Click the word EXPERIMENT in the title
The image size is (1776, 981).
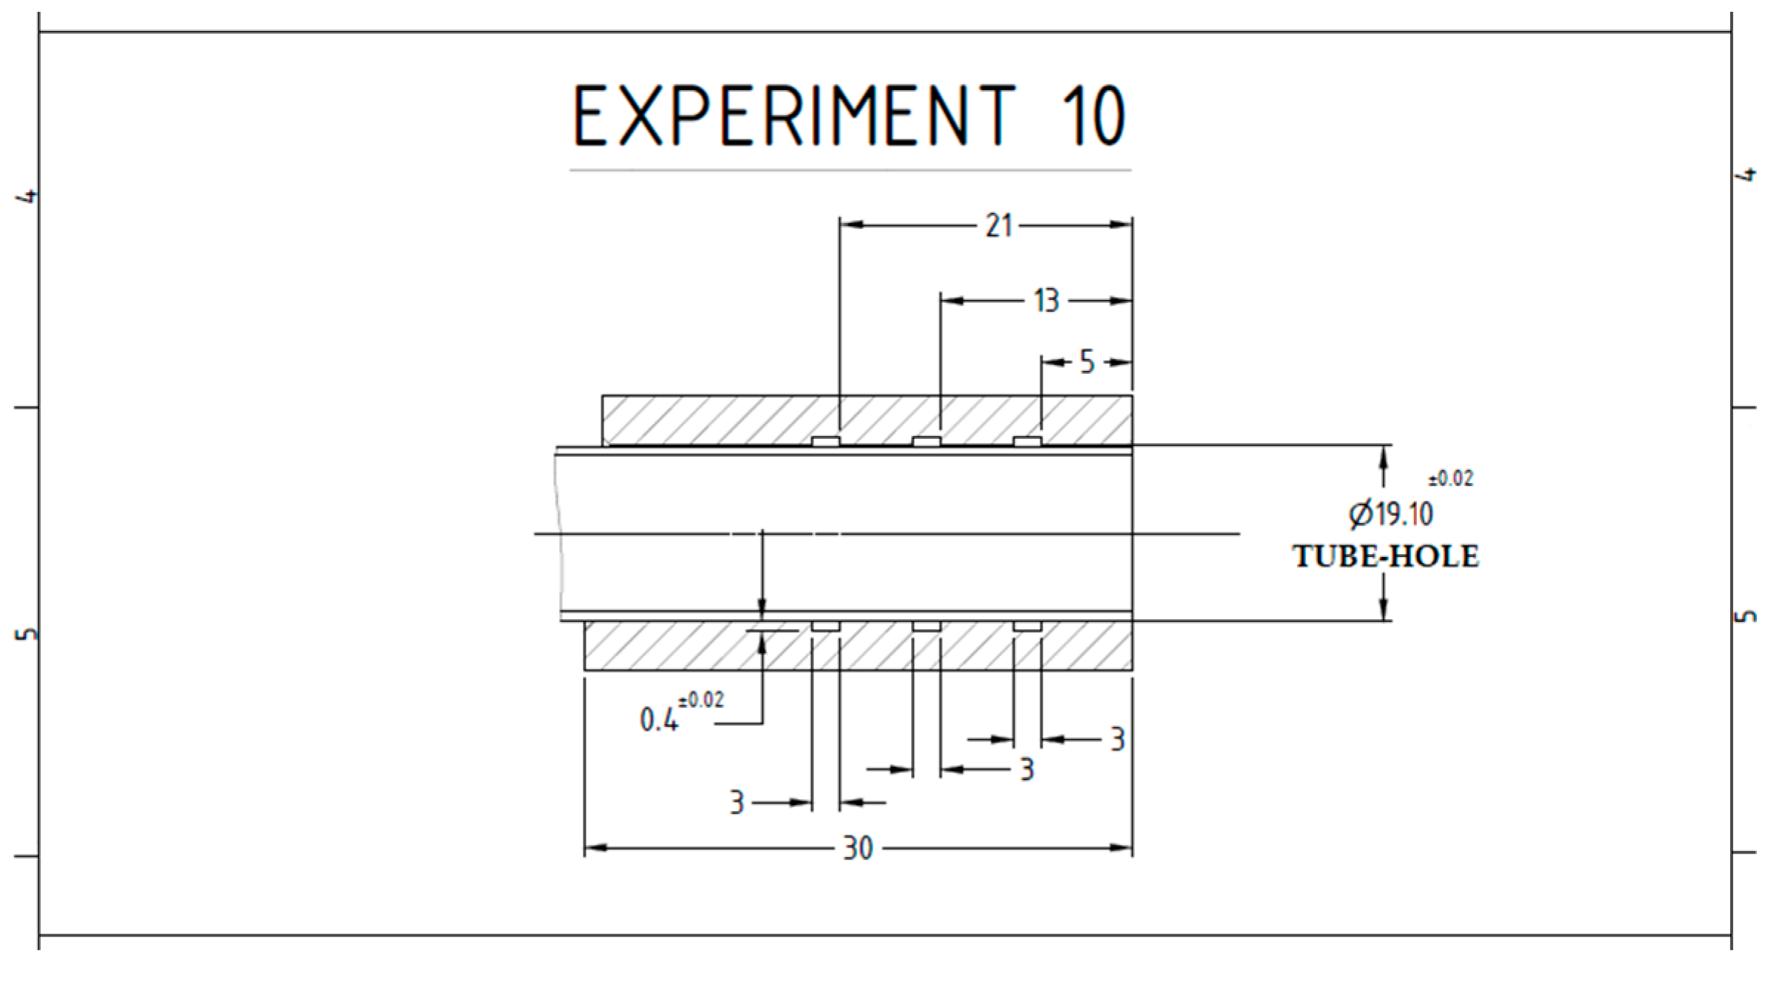(795, 116)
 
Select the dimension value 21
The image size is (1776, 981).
(999, 225)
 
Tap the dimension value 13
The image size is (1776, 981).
(1046, 301)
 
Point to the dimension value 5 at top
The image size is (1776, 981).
(1087, 363)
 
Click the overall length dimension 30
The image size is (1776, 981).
(858, 849)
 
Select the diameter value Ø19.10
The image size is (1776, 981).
(1390, 514)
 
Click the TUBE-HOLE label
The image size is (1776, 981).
(1385, 557)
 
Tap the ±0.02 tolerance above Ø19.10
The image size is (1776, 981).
(1450, 479)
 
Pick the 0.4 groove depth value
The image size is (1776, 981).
(658, 719)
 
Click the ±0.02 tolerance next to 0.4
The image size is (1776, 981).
(701, 700)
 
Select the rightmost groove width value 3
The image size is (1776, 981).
(1118, 739)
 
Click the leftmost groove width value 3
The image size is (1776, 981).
(736, 802)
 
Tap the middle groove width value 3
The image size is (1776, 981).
(1026, 770)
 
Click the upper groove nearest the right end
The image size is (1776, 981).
(1027, 442)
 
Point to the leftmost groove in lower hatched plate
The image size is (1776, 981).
(825, 626)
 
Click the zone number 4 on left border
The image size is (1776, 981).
(29, 196)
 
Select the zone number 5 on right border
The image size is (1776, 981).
(1745, 615)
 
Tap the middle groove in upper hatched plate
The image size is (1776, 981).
(926, 442)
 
